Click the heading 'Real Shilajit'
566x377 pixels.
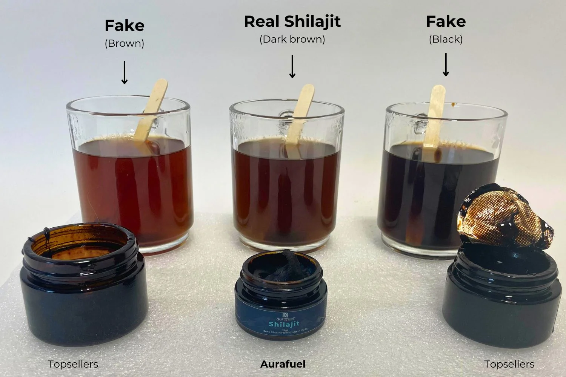pos(292,21)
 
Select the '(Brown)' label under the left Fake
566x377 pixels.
pos(125,43)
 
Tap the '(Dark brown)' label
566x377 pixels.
pos(292,39)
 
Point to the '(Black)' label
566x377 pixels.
pos(446,39)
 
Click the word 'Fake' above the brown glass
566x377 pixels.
pos(125,26)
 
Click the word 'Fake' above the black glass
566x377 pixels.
pos(446,21)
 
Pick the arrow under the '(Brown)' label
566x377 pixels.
pos(125,72)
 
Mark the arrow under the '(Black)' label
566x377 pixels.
pos(446,64)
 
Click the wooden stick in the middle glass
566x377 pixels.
pos(300,113)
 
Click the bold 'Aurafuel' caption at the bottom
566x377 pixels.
pos(283,364)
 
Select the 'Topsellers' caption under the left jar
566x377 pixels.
pos(73,364)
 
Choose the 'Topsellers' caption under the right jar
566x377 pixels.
pos(509,364)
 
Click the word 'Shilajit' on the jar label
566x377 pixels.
pos(284,324)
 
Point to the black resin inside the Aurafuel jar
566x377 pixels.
pos(281,266)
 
